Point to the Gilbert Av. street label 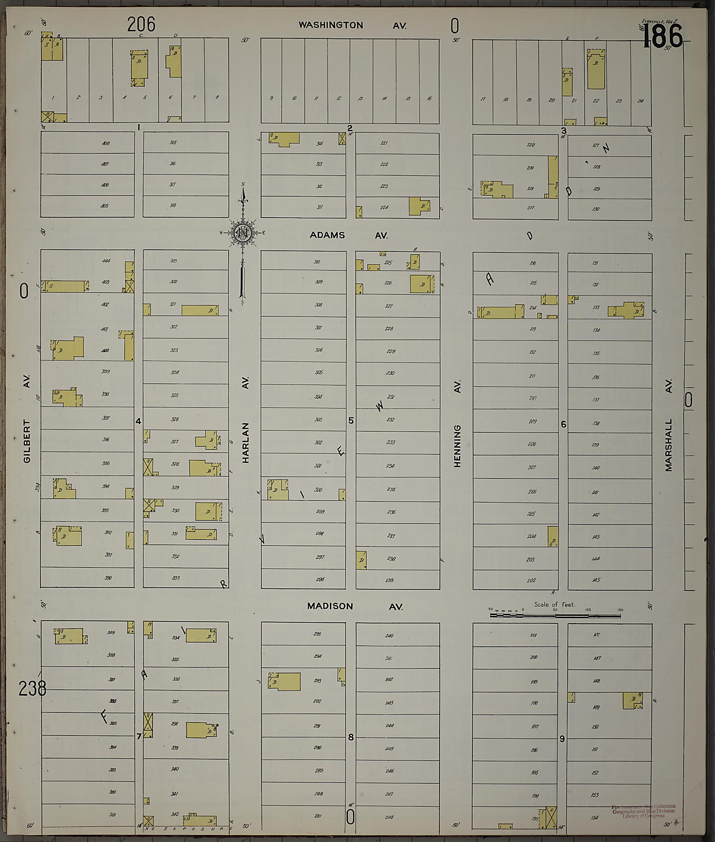coord(27,422)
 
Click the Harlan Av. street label coord(245,422)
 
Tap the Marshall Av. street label coord(668,426)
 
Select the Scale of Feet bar coord(555,615)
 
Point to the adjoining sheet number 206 coord(141,24)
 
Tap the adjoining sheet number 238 coord(32,688)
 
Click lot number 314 coord(319,143)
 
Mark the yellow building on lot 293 coord(285,681)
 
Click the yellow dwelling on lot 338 coord(201,730)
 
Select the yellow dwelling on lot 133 coord(626,310)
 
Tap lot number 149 coord(596,708)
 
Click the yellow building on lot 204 coord(552,536)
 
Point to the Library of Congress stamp coord(643,811)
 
